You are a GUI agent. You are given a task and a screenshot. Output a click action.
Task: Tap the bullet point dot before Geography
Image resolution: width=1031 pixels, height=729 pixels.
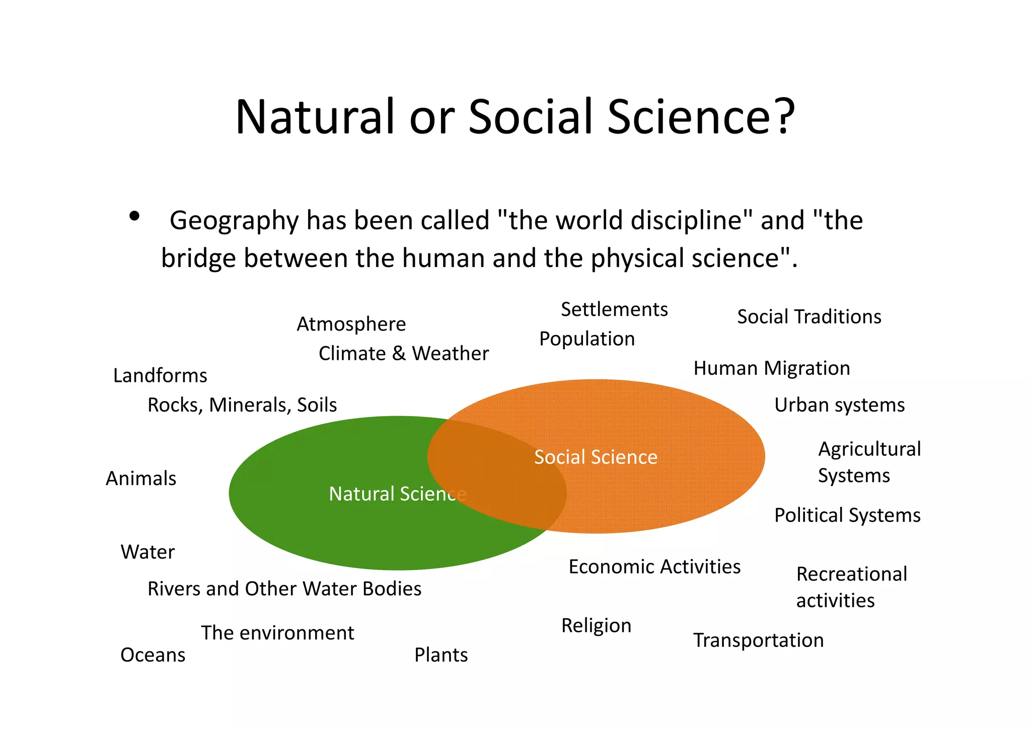tap(134, 217)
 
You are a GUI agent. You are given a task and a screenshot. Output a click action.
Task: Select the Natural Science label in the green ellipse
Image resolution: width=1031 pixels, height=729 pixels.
tap(397, 494)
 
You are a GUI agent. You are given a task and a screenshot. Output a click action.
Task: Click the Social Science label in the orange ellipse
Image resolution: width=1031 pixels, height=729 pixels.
tap(596, 457)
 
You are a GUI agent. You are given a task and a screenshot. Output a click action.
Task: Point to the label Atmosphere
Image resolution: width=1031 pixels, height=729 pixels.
tap(351, 324)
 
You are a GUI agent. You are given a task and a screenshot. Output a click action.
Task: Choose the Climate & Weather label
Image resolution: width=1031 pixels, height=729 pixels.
tap(403, 353)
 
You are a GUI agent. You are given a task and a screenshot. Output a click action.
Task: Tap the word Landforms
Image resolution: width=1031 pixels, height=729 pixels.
tap(160, 376)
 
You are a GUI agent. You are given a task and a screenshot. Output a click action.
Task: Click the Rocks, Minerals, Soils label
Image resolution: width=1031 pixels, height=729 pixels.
tap(242, 405)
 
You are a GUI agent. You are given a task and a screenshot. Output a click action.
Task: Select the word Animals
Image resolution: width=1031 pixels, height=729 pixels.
tap(141, 479)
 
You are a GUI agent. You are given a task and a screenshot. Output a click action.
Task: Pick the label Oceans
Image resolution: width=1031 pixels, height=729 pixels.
tap(153, 655)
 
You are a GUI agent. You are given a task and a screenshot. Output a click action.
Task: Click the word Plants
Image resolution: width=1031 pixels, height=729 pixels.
tap(441, 655)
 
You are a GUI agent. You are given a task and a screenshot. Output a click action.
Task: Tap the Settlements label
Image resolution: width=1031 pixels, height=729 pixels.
tap(614, 309)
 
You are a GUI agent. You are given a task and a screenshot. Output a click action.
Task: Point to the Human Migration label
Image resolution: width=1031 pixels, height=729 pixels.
tap(771, 368)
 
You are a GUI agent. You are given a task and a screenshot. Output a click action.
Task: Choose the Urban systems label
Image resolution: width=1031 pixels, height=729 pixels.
tap(839, 405)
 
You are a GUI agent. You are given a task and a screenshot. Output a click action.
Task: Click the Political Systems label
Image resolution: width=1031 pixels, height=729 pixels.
tap(847, 515)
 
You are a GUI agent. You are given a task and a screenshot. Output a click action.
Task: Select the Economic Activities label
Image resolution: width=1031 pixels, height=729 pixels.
tap(654, 567)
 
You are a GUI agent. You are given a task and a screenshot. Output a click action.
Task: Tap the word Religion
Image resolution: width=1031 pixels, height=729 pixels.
tap(596, 626)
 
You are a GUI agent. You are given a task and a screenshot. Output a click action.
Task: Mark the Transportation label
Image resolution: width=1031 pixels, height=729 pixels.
tap(758, 640)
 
